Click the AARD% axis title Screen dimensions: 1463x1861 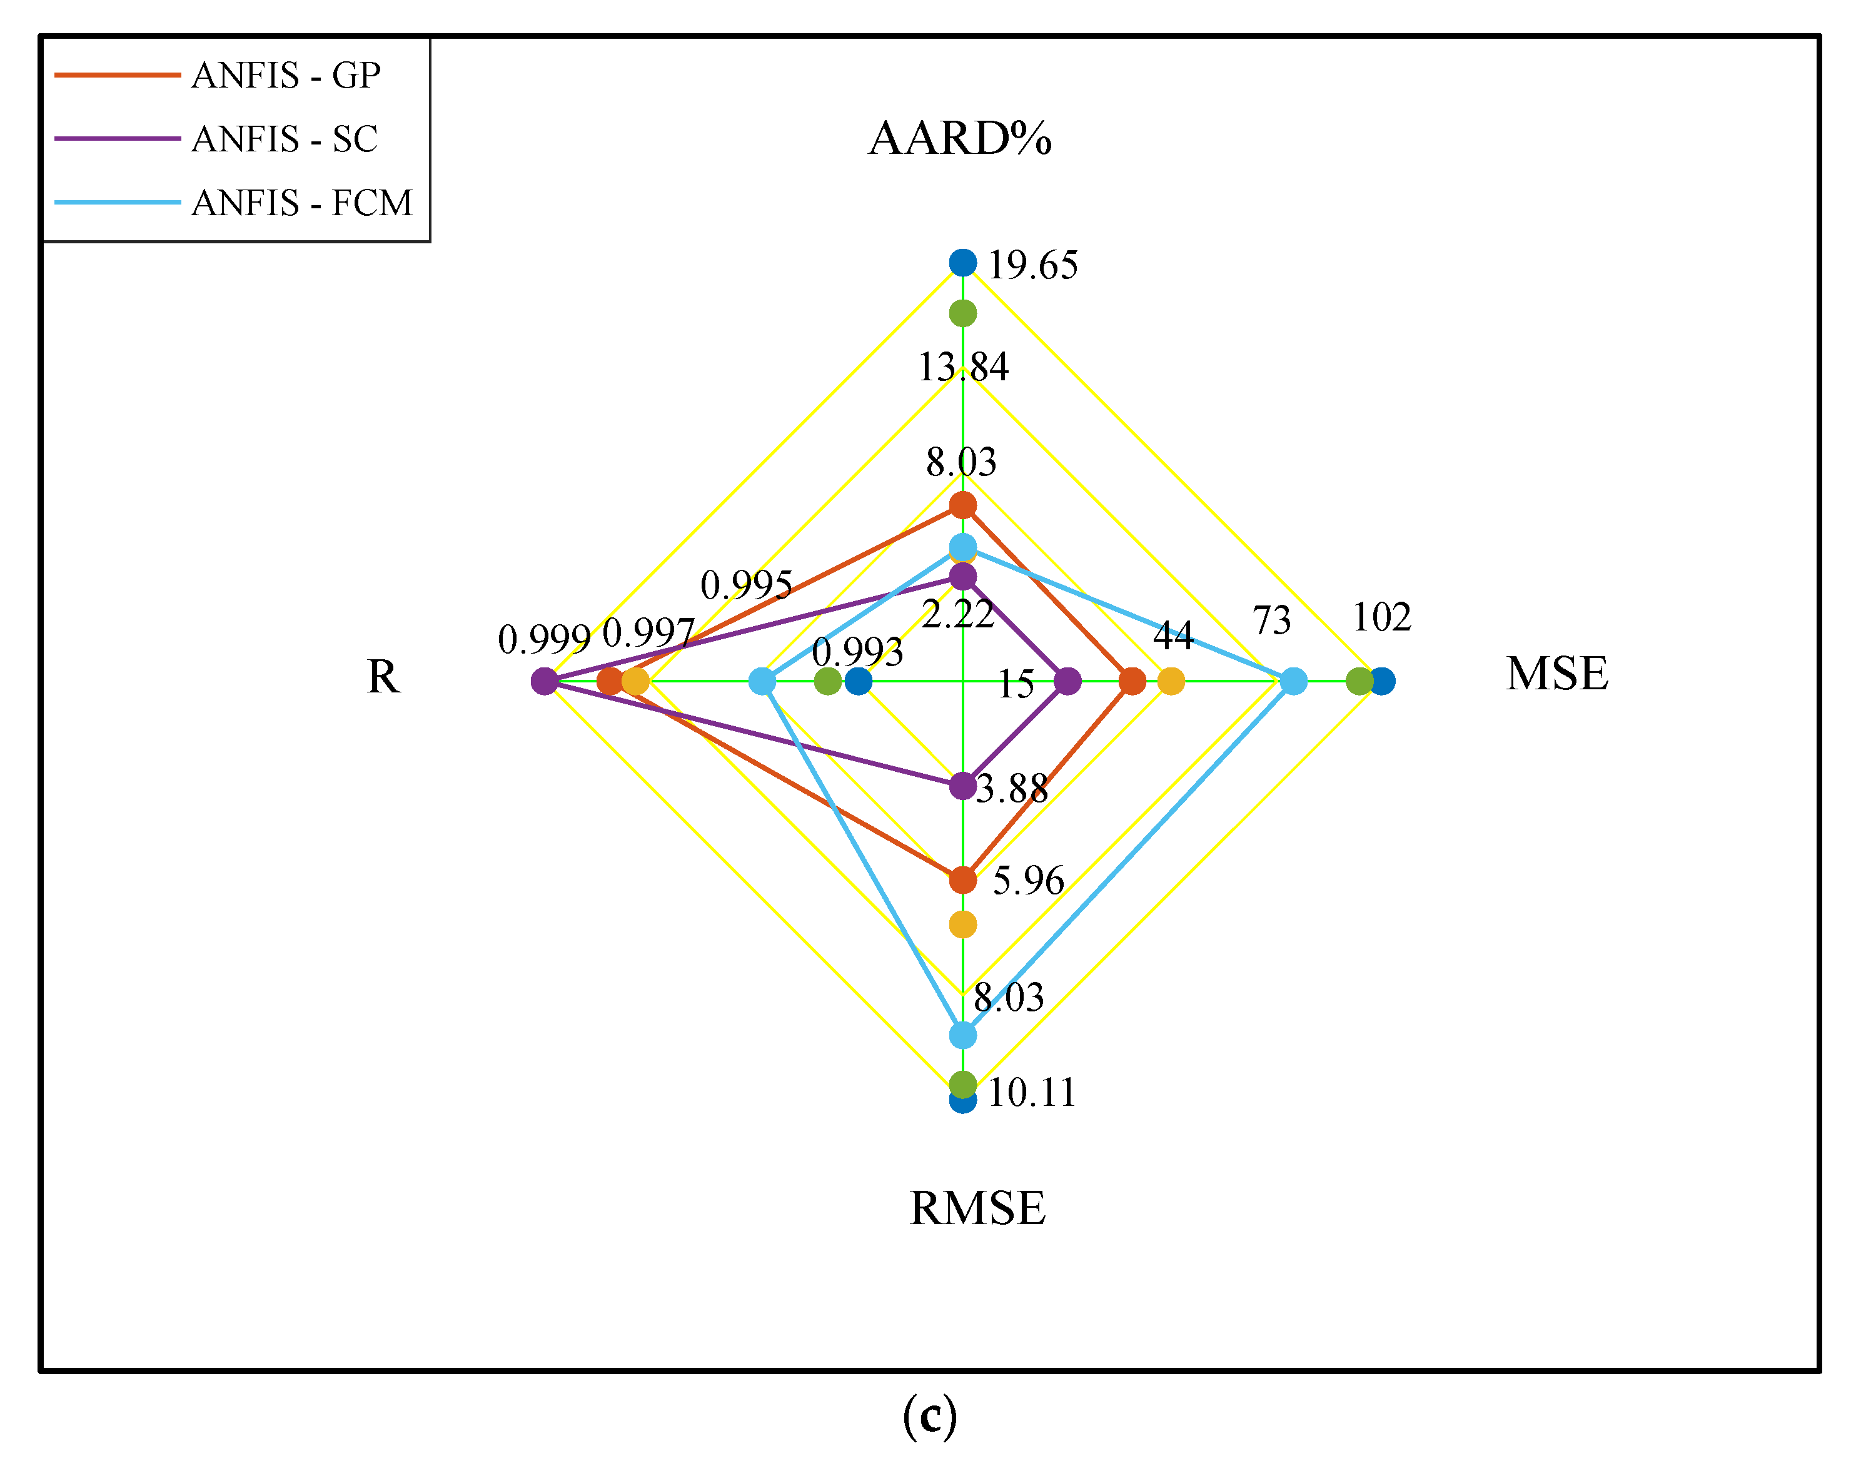pyautogui.click(x=960, y=138)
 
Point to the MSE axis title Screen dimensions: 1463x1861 pyautogui.click(x=1557, y=673)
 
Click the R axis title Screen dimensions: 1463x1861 pyautogui.click(x=383, y=677)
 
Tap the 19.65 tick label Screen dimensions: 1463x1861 pyautogui.click(x=1033, y=266)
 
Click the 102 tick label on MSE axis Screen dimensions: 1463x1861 pyautogui.click(x=1381, y=617)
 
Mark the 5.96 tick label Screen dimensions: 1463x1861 pyautogui.click(x=1027, y=881)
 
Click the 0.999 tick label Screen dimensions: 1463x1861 pyautogui.click(x=544, y=640)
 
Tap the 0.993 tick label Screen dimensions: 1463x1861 pyautogui.click(x=857, y=653)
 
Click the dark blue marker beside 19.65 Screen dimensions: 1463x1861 pyautogui.click(x=962, y=263)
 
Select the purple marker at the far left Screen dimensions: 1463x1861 pyautogui.click(x=544, y=682)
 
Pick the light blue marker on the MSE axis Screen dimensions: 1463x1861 pyautogui.click(x=1293, y=682)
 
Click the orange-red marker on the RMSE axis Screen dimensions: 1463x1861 pyautogui.click(x=962, y=879)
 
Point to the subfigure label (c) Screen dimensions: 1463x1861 pyautogui.click(x=929, y=1416)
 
